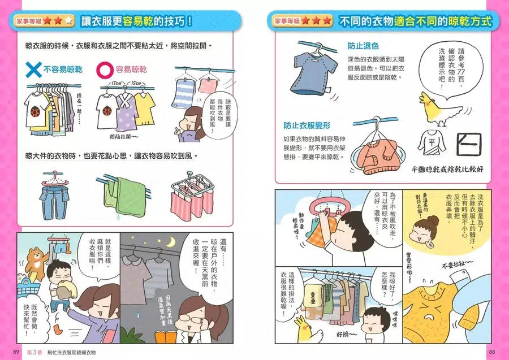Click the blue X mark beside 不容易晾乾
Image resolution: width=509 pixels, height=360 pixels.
(34, 70)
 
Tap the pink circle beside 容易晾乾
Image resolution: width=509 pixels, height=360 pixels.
(105, 69)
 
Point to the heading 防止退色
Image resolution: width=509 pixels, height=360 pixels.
(363, 46)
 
